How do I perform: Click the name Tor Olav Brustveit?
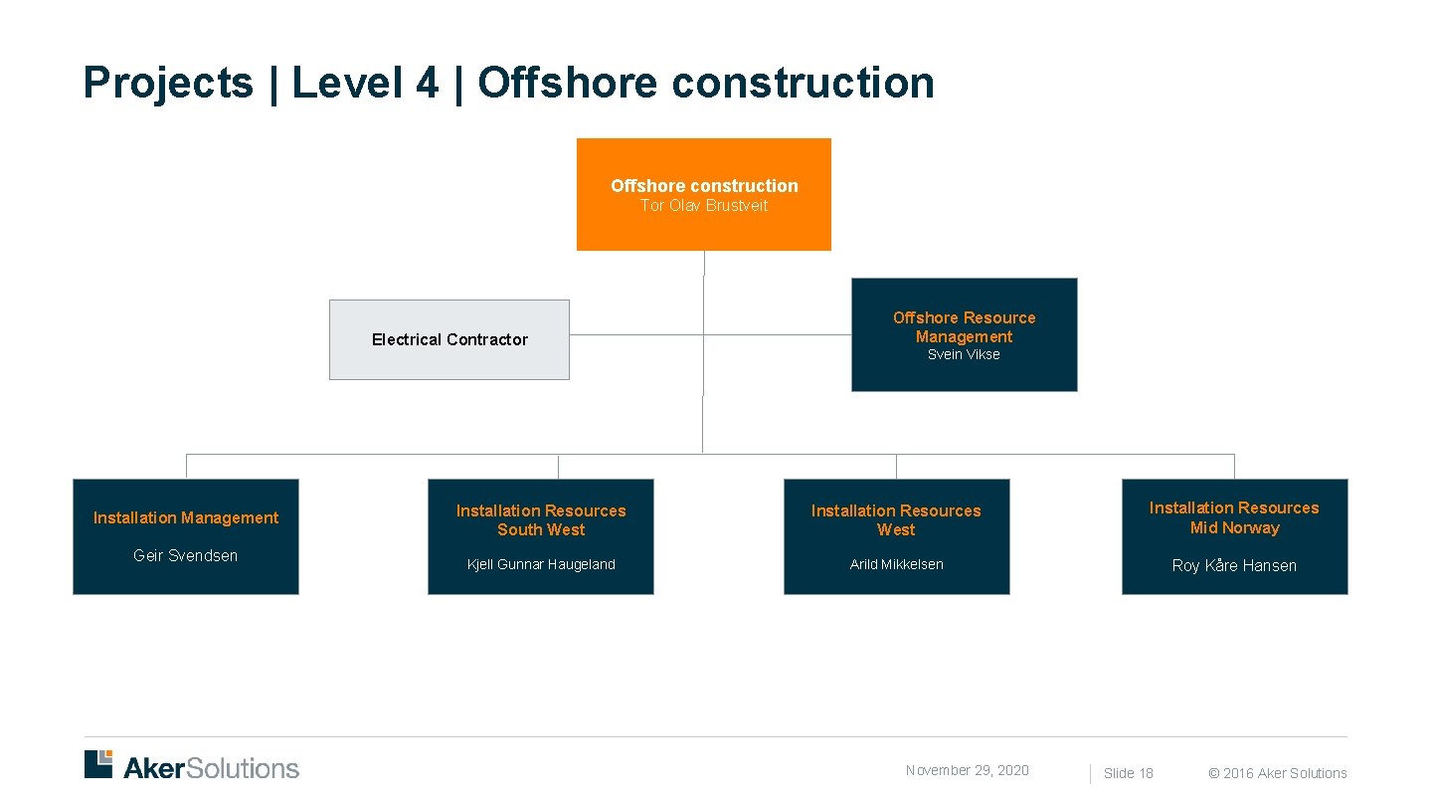click(x=704, y=206)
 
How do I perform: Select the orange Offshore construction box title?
click(x=704, y=186)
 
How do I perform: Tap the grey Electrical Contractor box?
click(x=449, y=339)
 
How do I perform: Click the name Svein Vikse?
click(x=964, y=355)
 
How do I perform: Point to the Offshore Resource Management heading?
click(x=964, y=327)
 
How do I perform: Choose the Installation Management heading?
click(x=186, y=517)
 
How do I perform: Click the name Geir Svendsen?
click(x=186, y=555)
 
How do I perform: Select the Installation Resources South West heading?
click(x=541, y=520)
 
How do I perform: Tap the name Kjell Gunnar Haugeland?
click(x=541, y=564)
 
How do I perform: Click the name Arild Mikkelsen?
click(x=896, y=564)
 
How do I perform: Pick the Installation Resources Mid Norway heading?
click(x=1234, y=517)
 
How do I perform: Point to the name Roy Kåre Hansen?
click(x=1234, y=565)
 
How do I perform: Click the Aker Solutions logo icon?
click(x=98, y=764)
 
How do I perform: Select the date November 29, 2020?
click(x=967, y=770)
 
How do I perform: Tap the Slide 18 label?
click(x=1129, y=773)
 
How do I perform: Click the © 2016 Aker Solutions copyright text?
click(x=1278, y=773)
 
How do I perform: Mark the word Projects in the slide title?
click(x=169, y=83)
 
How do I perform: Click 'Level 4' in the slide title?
click(x=365, y=83)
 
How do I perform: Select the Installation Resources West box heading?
click(x=896, y=520)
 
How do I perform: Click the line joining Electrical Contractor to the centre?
click(x=636, y=335)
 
